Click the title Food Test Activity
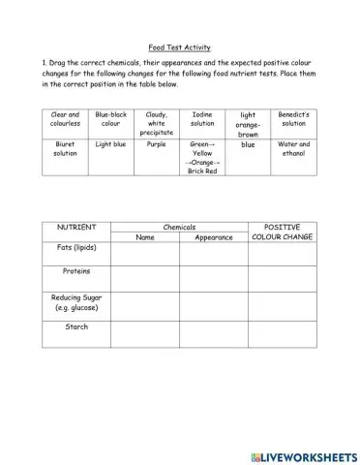179,46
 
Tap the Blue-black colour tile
111,119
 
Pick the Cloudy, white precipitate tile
157,123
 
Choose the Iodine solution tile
202,119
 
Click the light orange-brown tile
248,123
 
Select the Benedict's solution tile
293,119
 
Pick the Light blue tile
111,144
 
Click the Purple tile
157,144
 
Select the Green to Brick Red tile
202,157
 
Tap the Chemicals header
179,227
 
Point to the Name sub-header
145,237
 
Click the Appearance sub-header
214,237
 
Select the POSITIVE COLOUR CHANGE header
283,232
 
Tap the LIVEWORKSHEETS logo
303,452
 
